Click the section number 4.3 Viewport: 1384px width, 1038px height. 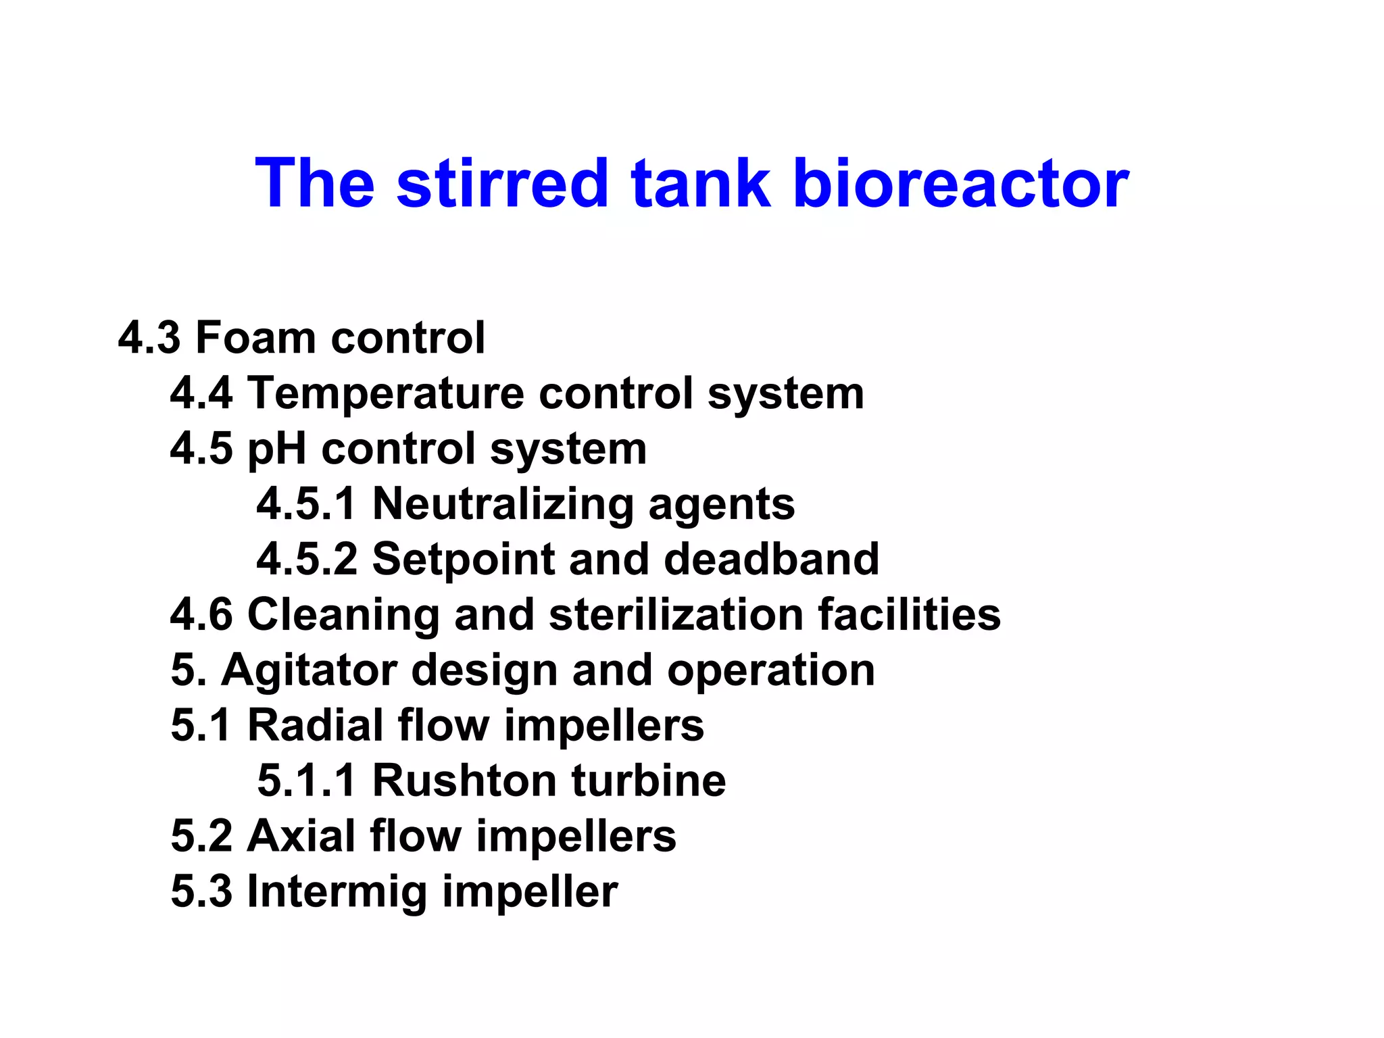coord(149,337)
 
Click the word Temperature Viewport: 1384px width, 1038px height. coord(386,393)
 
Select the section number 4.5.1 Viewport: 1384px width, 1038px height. coord(306,503)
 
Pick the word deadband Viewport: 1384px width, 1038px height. coord(772,559)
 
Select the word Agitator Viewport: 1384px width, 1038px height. coord(310,670)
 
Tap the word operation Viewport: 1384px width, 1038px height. coord(771,670)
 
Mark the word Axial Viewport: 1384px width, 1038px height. coord(301,836)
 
